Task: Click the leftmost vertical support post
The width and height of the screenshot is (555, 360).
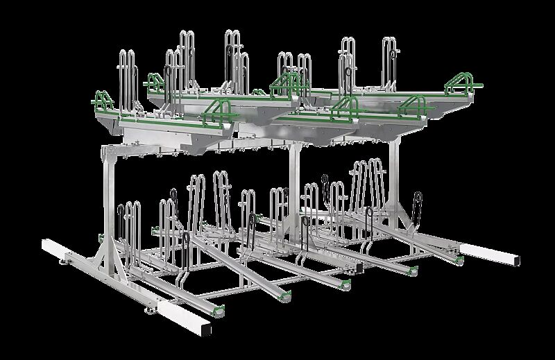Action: (108, 201)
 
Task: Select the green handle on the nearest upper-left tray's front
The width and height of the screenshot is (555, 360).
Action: (221, 110)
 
